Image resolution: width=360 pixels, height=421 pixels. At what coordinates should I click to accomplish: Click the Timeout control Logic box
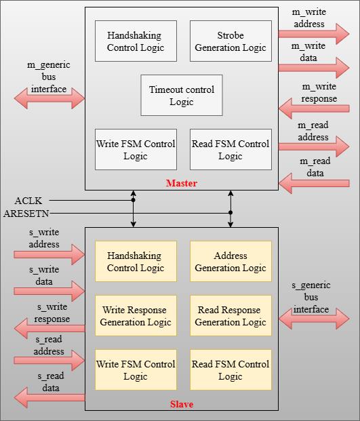pyautogui.click(x=182, y=96)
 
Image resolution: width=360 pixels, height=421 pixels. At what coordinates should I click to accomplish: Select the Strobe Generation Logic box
pyautogui.click(x=231, y=41)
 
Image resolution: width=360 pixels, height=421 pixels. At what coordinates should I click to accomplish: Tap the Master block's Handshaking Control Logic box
pyautogui.click(x=136, y=41)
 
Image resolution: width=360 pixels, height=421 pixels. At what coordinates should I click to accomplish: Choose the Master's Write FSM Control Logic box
pyautogui.click(x=136, y=150)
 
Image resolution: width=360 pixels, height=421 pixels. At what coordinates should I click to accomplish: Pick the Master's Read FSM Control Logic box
pyautogui.click(x=231, y=150)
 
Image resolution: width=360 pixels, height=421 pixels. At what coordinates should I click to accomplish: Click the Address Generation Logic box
pyautogui.click(x=231, y=261)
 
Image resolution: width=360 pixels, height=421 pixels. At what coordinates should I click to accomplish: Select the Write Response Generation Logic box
pyautogui.click(x=136, y=315)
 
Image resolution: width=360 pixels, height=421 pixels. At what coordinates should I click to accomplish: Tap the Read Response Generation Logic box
pyautogui.click(x=231, y=315)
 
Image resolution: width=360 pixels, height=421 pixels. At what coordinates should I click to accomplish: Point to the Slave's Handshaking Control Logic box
pyautogui.click(x=136, y=261)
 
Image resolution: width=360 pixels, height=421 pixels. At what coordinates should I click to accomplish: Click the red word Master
pyautogui.click(x=182, y=183)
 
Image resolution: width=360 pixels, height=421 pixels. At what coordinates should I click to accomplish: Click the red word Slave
pyautogui.click(x=182, y=404)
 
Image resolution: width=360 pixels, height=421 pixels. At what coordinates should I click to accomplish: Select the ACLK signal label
pyautogui.click(x=28, y=201)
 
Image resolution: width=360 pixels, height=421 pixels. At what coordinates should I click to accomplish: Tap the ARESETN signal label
pyautogui.click(x=26, y=214)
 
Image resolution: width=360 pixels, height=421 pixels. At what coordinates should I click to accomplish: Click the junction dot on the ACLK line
pyautogui.click(x=133, y=200)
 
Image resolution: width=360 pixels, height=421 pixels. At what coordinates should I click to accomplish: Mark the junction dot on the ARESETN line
pyautogui.click(x=231, y=213)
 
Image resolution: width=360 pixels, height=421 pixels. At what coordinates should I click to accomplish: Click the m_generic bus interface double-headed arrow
pyautogui.click(x=49, y=98)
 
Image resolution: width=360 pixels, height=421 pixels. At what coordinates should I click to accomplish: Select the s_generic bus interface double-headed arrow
pyautogui.click(x=314, y=319)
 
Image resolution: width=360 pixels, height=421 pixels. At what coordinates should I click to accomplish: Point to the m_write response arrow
pyautogui.click(x=314, y=108)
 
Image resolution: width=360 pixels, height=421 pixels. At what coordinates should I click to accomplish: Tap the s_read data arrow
pyautogui.click(x=49, y=398)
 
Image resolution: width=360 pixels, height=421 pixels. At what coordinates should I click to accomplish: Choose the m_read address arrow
pyautogui.click(x=314, y=146)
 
